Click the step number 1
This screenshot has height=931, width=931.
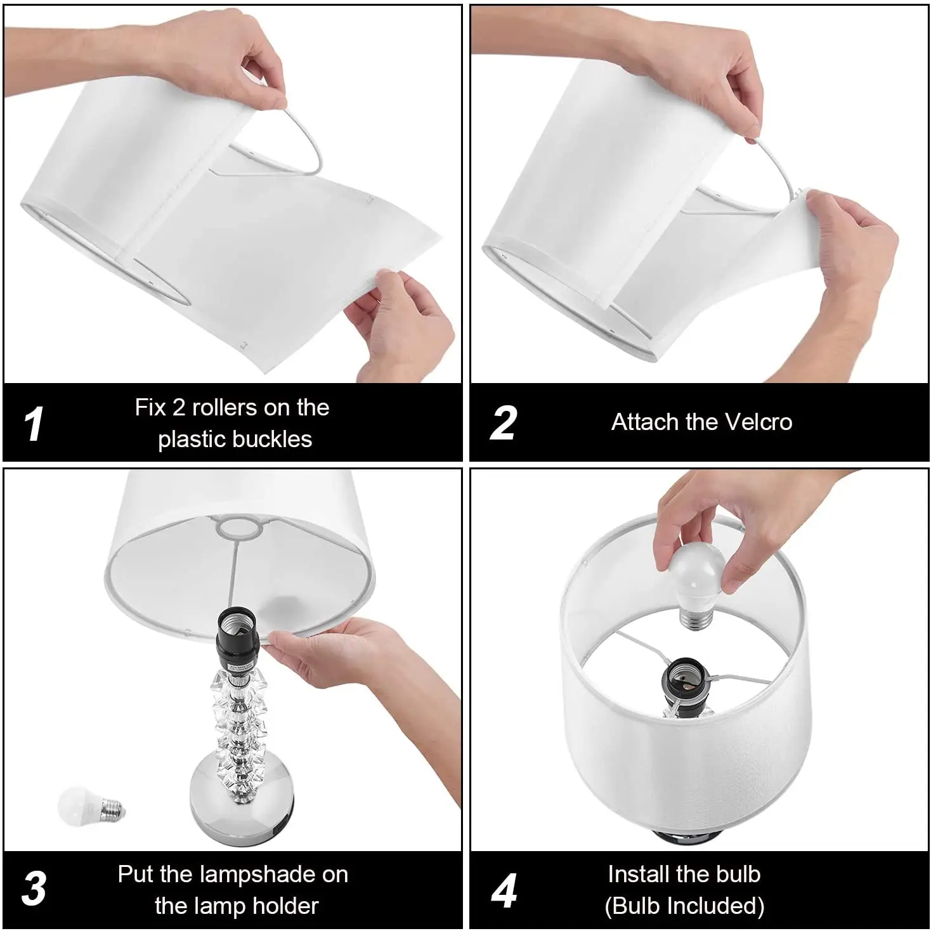click(x=34, y=424)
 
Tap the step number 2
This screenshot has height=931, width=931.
click(x=503, y=423)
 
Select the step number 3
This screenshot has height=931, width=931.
click(x=34, y=889)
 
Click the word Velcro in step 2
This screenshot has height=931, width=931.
click(x=758, y=422)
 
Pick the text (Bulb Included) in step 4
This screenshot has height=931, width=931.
click(x=684, y=906)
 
